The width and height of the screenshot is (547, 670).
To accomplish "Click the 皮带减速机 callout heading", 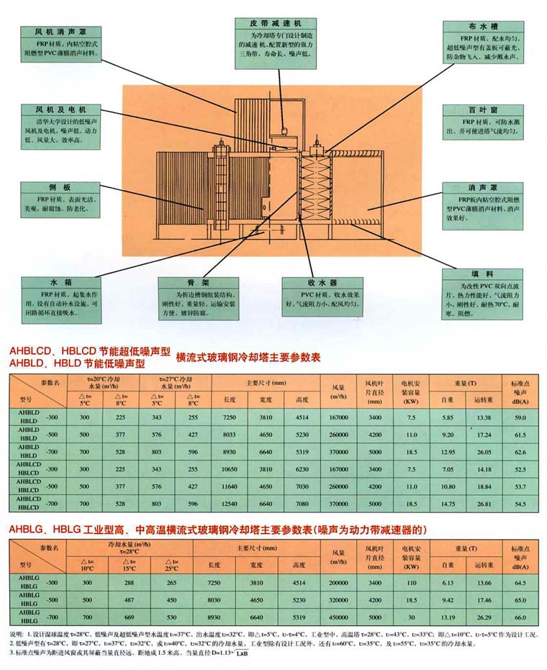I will (x=273, y=23).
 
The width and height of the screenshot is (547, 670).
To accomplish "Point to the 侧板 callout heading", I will (x=59, y=186).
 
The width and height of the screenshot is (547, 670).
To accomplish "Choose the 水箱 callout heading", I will (x=59, y=283).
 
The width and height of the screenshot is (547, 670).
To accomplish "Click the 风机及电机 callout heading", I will (x=59, y=109).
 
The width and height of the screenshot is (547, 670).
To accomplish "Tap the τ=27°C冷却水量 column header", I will (x=175, y=381).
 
